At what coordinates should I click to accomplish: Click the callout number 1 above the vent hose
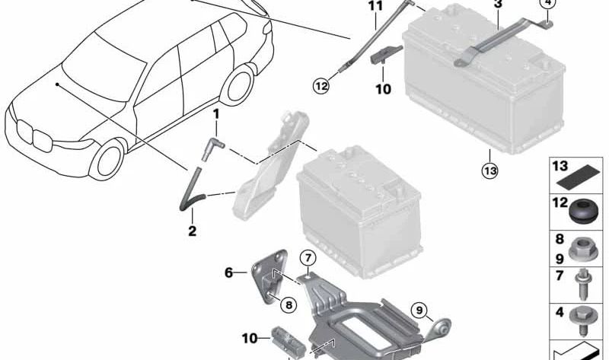[x=215, y=114]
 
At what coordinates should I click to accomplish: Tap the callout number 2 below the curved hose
[x=192, y=231]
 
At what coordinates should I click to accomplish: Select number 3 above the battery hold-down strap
[x=498, y=5]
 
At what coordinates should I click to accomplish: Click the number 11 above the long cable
[x=375, y=7]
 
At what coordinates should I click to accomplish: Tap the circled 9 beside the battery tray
[x=418, y=310]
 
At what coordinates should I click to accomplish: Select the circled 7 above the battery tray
[x=307, y=256]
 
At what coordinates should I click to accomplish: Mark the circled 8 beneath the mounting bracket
[x=288, y=305]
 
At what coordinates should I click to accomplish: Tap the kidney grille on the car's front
[x=27, y=137]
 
